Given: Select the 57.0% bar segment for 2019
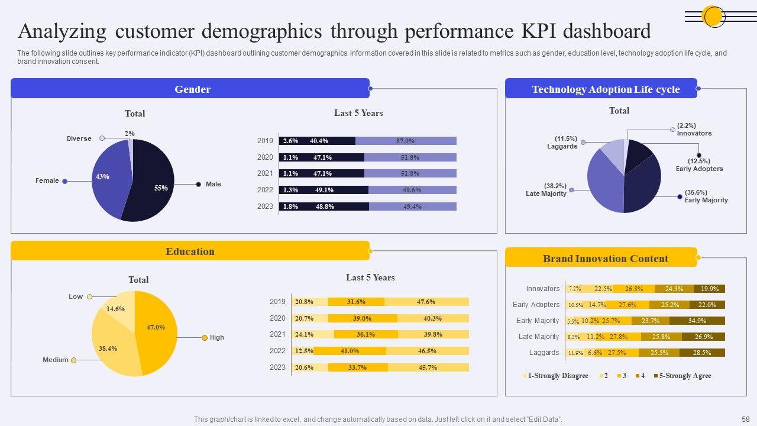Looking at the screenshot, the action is tap(406, 141).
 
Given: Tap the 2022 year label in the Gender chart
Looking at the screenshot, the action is tap(265, 190).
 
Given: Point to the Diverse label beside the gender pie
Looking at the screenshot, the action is tap(79, 138).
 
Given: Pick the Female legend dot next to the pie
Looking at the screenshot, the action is tap(65, 181).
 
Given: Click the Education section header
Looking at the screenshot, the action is tap(190, 251).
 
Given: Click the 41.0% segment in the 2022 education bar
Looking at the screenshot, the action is tap(350, 351).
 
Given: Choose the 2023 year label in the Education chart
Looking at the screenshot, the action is tap(277, 367).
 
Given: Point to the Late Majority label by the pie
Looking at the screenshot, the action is tap(546, 193).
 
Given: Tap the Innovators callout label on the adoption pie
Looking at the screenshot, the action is tap(694, 133).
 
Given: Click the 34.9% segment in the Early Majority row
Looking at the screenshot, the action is tap(697, 321).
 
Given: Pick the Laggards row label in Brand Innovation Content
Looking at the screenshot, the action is tap(544, 353).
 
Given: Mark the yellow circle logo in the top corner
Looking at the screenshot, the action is tap(713, 16).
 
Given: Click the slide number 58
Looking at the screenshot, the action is tap(746, 419).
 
